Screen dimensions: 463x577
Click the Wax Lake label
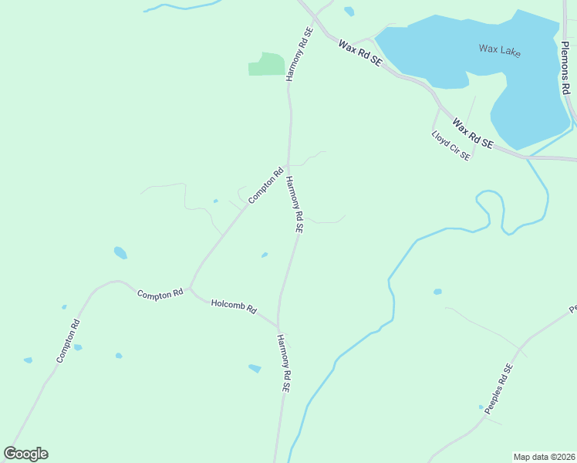tap(499, 51)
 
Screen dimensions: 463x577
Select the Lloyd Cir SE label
tap(450, 145)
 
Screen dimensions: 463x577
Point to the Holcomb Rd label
tap(233, 306)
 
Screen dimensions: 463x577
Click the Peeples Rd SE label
tap(498, 389)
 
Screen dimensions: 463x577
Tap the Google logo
tap(25, 454)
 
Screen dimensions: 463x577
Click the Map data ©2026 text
tap(544, 457)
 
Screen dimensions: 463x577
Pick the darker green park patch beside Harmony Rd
tap(266, 65)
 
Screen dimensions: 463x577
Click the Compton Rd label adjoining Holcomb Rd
tap(160, 293)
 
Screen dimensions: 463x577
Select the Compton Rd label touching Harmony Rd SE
tap(266, 186)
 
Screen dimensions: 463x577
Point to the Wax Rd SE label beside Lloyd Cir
tap(473, 133)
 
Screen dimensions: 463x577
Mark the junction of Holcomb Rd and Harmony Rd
tap(278, 326)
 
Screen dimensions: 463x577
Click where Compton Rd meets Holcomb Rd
tap(191, 289)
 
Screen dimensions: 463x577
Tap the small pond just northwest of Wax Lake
tap(349, 12)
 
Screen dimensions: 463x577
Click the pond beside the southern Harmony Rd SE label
tap(255, 369)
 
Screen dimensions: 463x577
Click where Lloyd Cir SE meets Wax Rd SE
tap(440, 108)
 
